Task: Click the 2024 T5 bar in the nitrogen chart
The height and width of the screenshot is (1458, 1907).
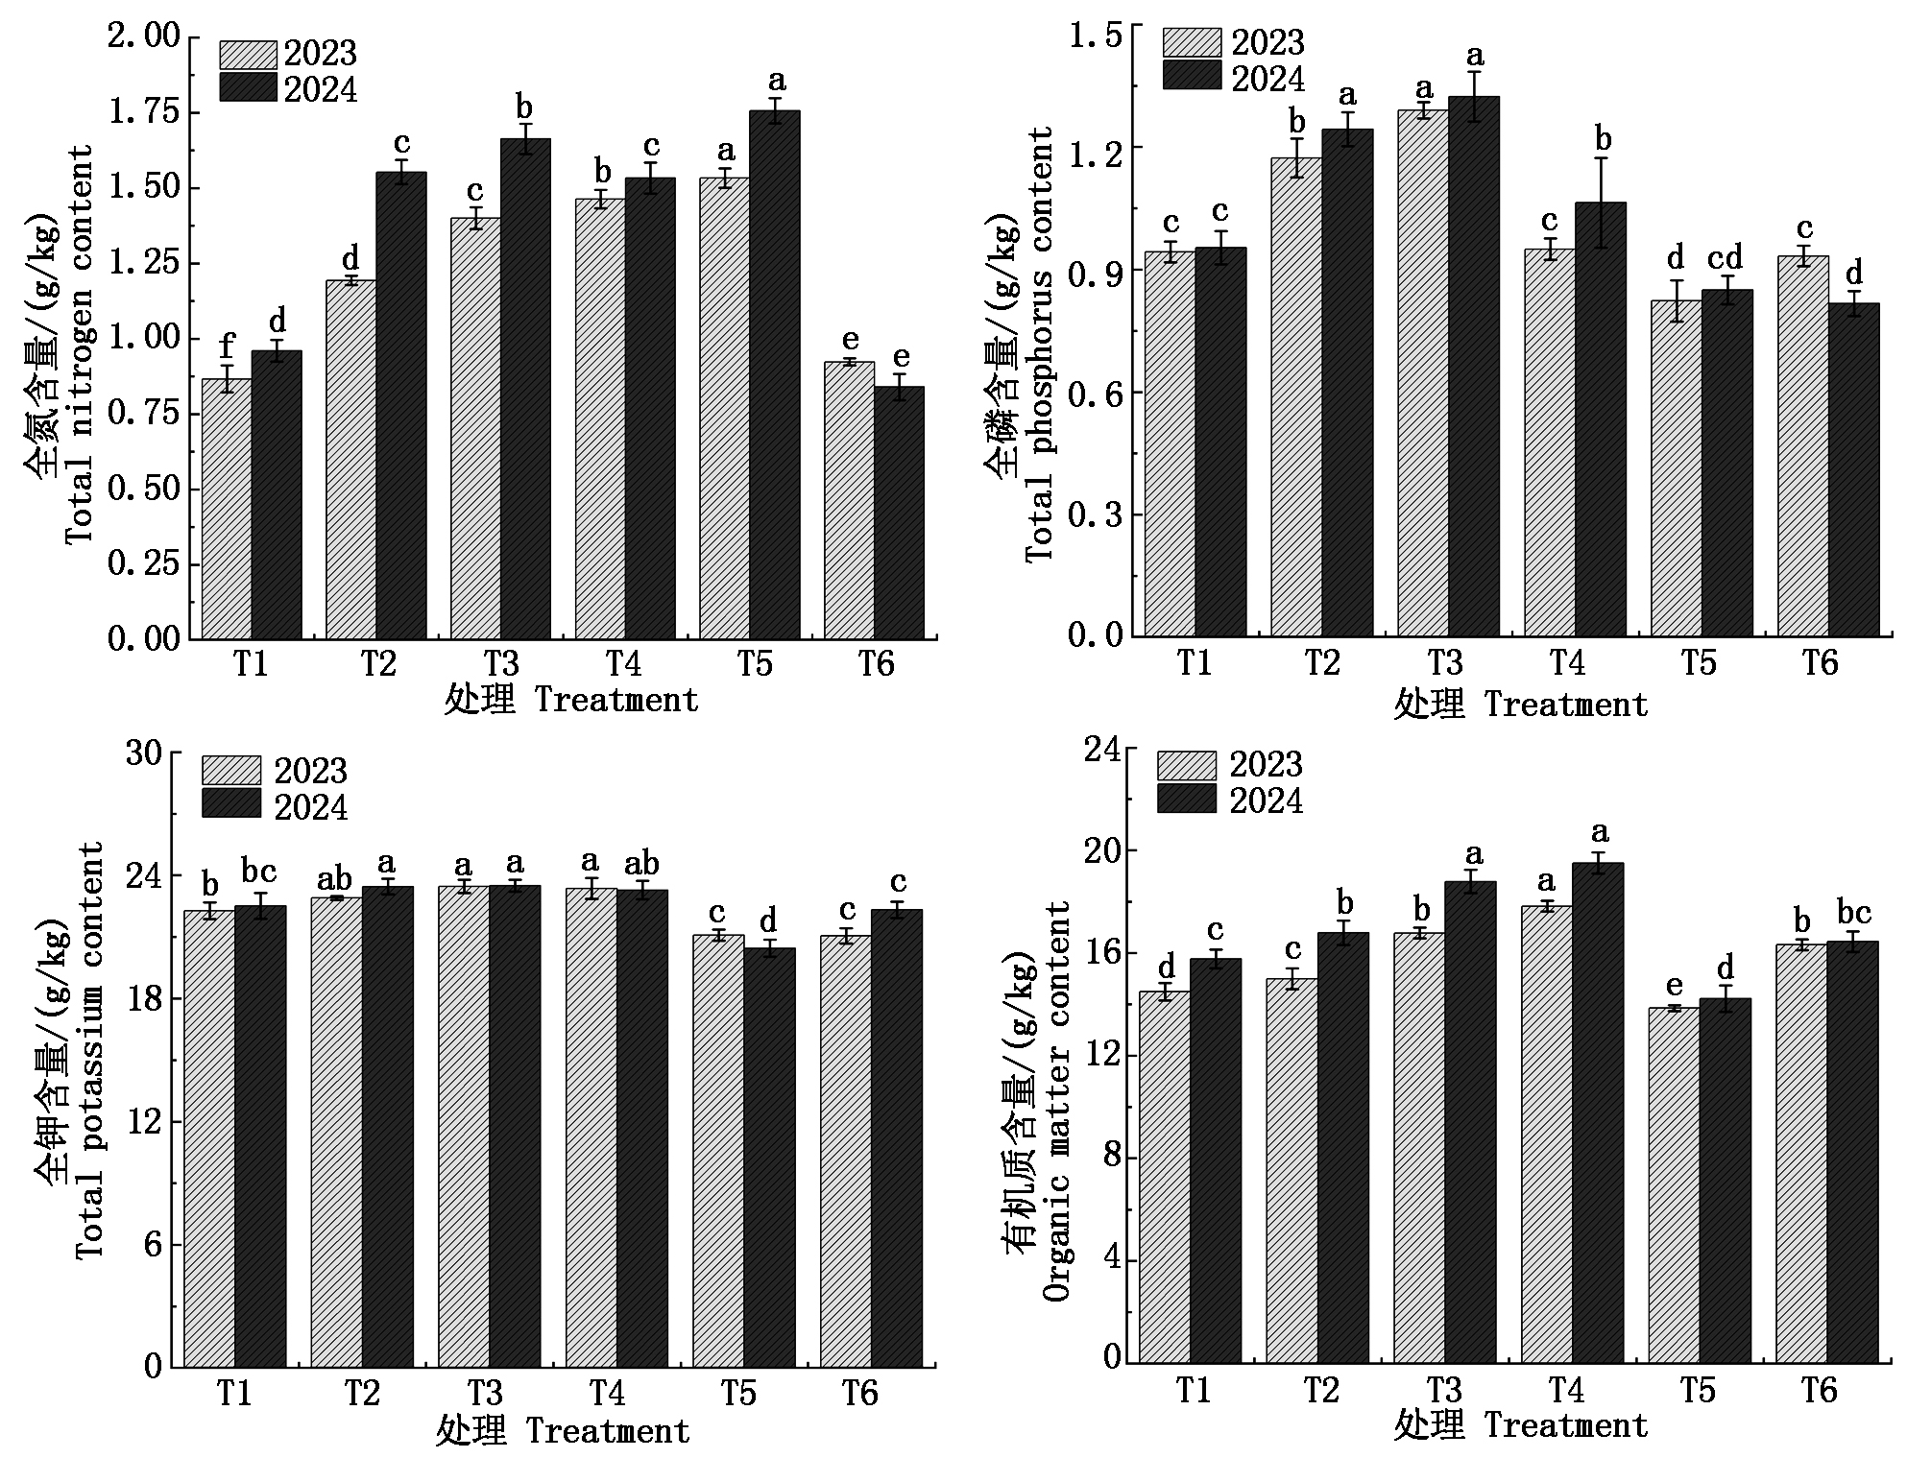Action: pos(774,374)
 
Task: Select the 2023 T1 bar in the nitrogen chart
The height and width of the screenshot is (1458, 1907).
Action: pos(226,509)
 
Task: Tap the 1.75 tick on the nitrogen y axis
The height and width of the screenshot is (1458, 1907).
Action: pos(144,112)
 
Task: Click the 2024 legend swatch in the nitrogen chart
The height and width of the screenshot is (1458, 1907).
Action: pos(248,87)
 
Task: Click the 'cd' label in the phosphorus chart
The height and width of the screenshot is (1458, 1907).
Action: pos(1725,258)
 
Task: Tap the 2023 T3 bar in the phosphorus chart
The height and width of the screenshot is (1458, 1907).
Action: pos(1422,373)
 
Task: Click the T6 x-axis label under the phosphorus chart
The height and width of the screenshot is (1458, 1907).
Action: pos(1820,663)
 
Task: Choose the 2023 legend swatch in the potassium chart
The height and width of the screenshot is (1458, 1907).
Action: pos(230,771)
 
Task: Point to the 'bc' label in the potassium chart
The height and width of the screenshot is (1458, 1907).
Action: pos(258,872)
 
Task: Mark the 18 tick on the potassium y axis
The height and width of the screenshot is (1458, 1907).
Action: pos(144,999)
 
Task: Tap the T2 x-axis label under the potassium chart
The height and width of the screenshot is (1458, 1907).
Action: pos(362,1393)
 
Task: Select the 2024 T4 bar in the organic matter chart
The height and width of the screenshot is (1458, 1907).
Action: pos(1598,1112)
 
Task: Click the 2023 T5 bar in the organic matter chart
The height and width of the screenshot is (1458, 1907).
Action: pos(1674,1184)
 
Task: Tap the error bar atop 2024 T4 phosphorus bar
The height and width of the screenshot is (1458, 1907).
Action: pos(1601,203)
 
